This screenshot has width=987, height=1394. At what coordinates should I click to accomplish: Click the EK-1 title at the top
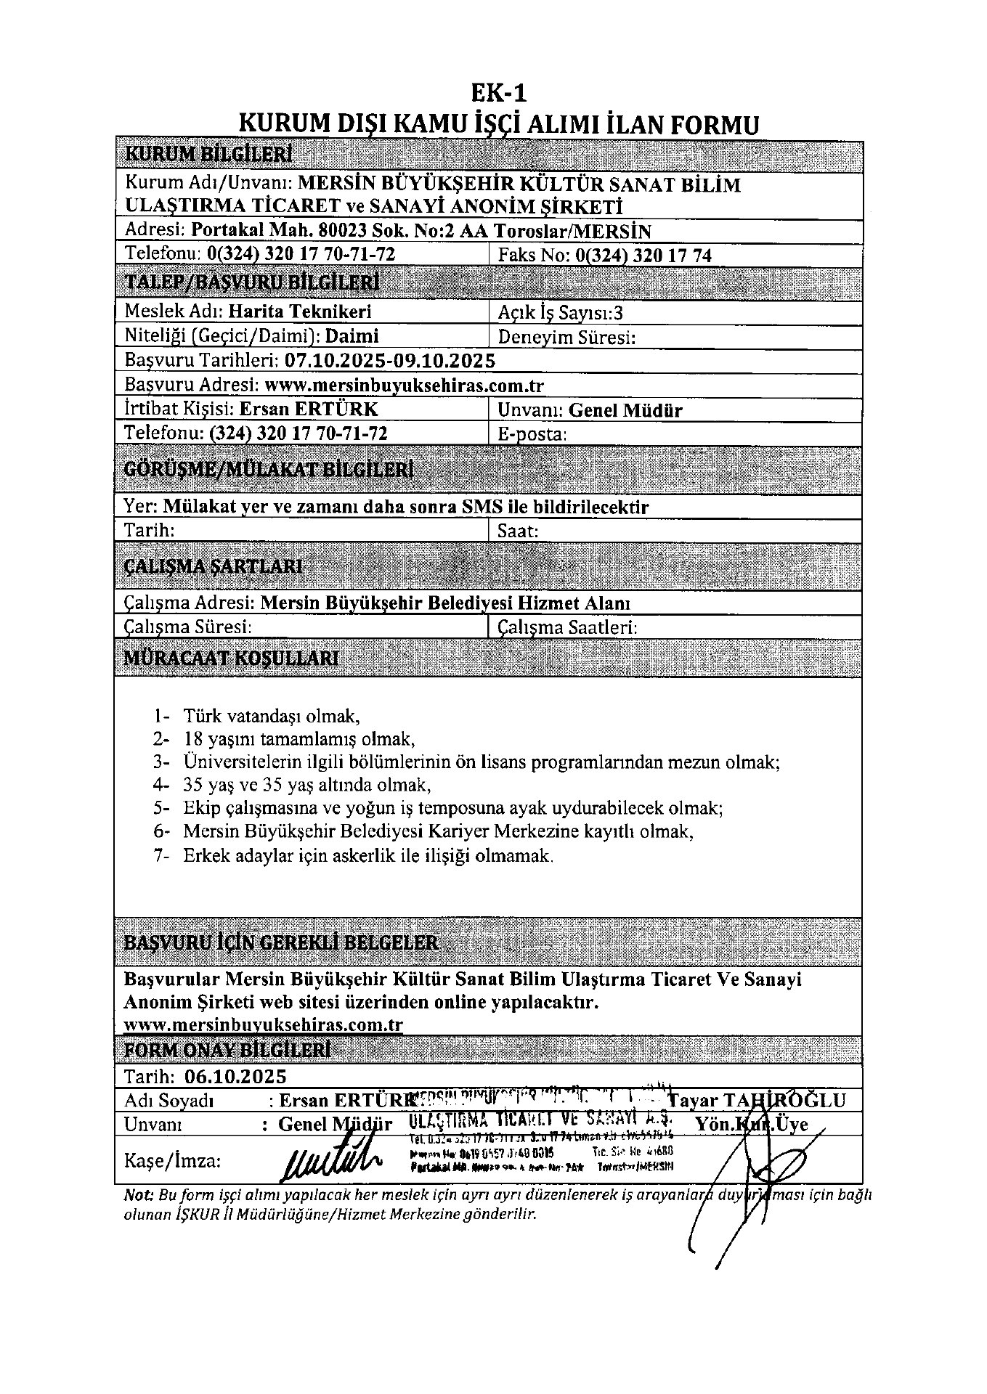click(x=498, y=94)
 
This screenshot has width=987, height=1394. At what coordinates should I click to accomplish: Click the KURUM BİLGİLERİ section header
click(x=208, y=154)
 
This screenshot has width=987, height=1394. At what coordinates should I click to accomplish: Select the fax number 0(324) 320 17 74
click(x=643, y=255)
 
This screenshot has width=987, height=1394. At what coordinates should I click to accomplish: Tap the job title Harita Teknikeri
click(x=300, y=311)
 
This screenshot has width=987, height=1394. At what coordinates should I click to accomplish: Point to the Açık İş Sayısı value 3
click(x=618, y=313)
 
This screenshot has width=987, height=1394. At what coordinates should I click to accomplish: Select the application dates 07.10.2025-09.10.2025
click(x=390, y=360)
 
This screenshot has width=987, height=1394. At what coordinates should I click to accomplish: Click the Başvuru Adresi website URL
click(x=405, y=385)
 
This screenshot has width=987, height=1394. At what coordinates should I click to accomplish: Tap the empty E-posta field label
click(x=532, y=434)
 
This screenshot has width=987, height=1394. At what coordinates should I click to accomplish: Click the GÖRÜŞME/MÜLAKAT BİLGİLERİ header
click(x=269, y=469)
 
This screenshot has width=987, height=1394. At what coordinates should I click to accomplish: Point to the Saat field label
click(x=518, y=531)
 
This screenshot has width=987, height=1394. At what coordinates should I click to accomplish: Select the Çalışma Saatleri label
click(x=567, y=627)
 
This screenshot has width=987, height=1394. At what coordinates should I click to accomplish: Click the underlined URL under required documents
click(x=264, y=1024)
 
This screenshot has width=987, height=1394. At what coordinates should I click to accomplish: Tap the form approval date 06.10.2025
click(x=235, y=1076)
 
